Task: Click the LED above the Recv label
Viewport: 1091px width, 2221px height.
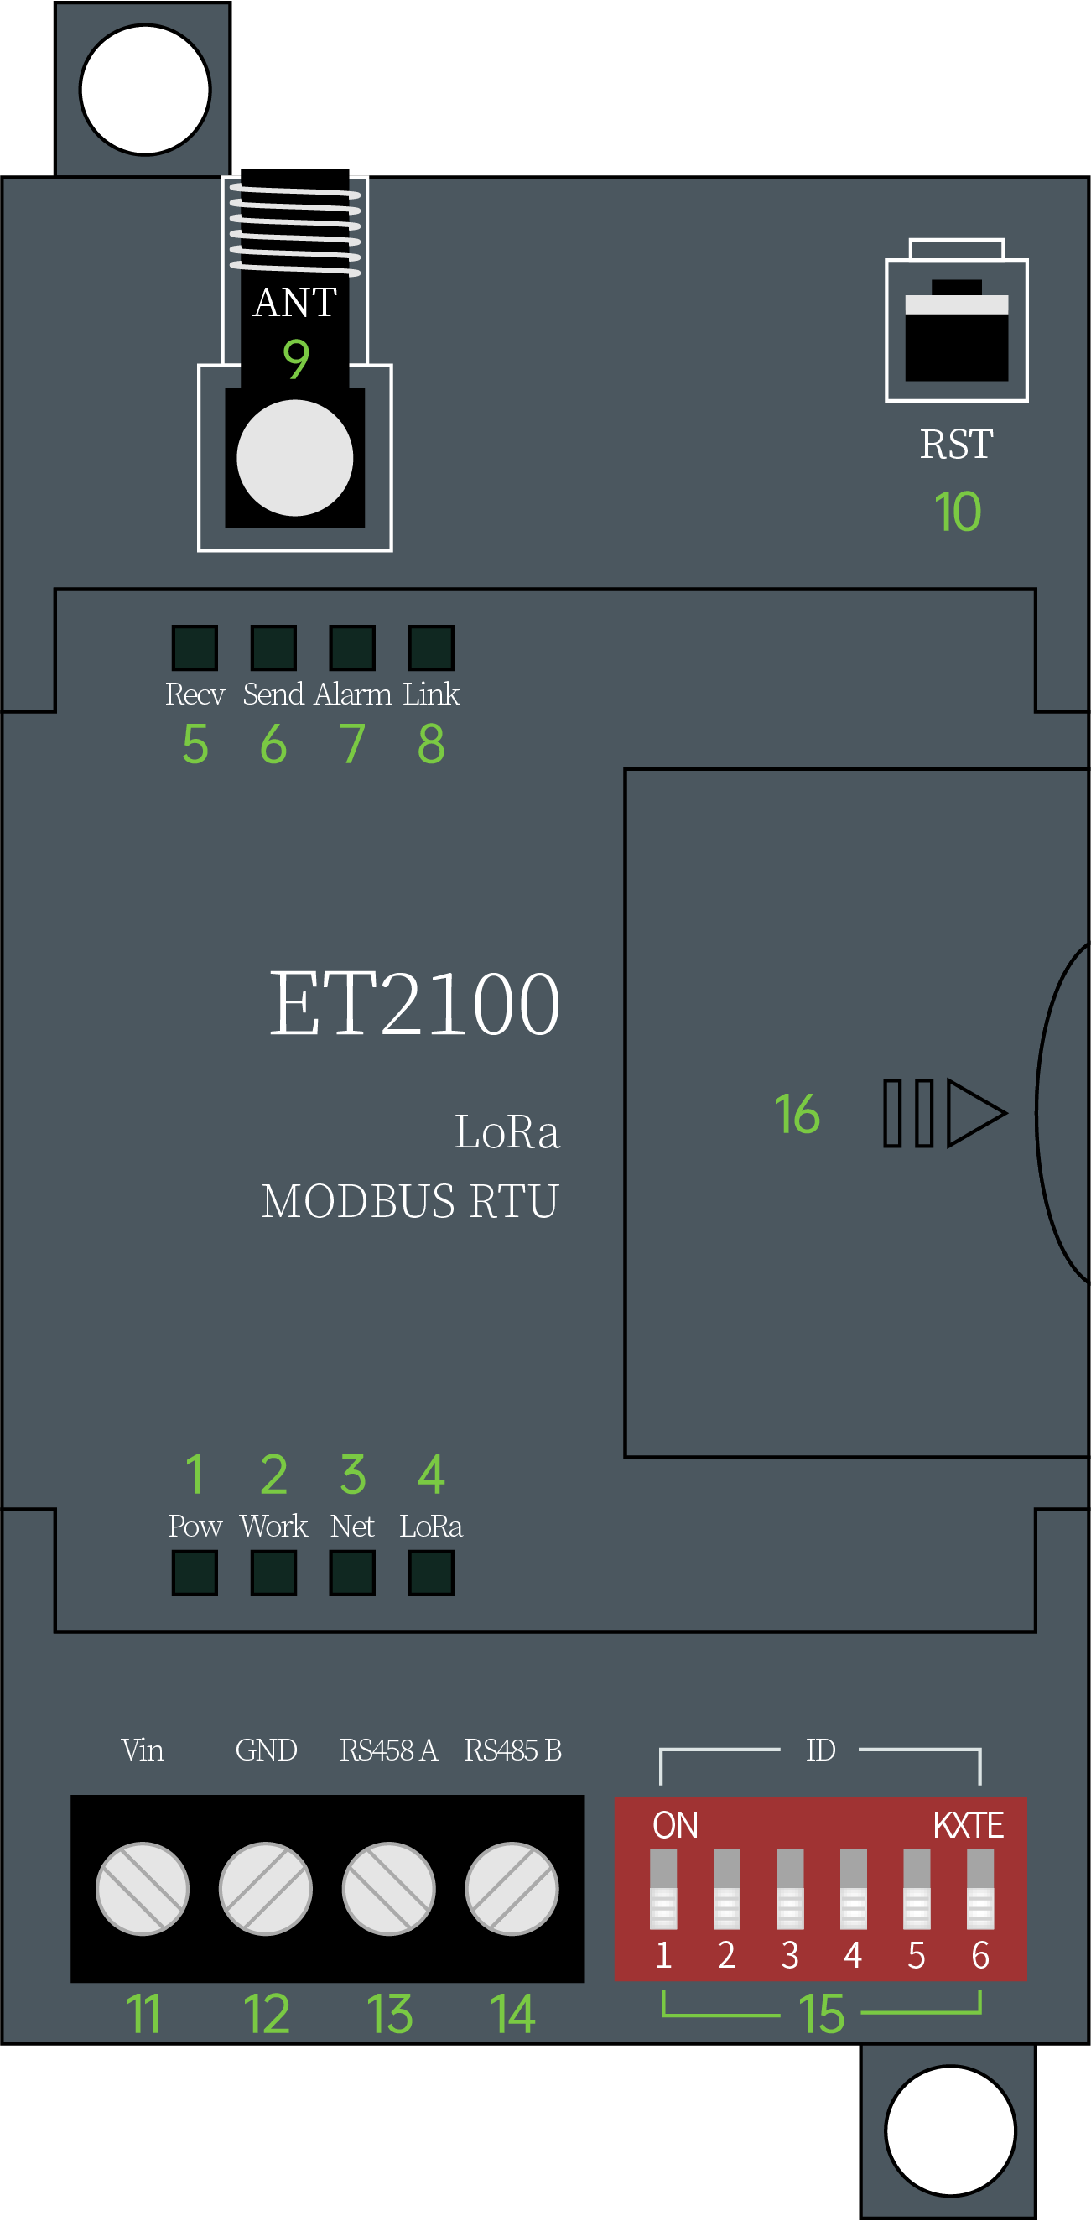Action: pyautogui.click(x=195, y=648)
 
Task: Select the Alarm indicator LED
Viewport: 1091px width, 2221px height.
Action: pyautogui.click(x=352, y=648)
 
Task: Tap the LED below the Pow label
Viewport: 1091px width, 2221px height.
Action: pyautogui.click(x=195, y=1573)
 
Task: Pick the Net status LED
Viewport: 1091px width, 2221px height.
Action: pyautogui.click(x=352, y=1573)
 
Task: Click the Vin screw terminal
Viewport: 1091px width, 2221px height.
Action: pyautogui.click(x=143, y=1888)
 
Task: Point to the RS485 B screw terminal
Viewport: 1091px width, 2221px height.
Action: pyautogui.click(x=512, y=1888)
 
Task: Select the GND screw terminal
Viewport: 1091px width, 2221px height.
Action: pyautogui.click(x=266, y=1888)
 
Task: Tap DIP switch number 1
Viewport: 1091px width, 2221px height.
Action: pyautogui.click(x=663, y=1888)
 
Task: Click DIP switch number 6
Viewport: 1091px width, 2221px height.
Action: pyautogui.click(x=979, y=1888)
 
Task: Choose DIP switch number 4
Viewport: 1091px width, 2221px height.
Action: pyautogui.click(x=853, y=1888)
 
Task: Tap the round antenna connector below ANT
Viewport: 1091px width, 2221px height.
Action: pyautogui.click(x=294, y=458)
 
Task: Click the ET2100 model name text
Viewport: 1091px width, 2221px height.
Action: pyautogui.click(x=414, y=1004)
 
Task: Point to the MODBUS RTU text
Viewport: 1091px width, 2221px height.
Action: pyautogui.click(x=410, y=1201)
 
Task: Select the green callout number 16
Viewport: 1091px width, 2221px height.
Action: pyautogui.click(x=797, y=1113)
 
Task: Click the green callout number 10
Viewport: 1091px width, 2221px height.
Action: pyautogui.click(x=958, y=512)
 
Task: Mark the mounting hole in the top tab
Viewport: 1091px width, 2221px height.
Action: pyautogui.click(x=145, y=90)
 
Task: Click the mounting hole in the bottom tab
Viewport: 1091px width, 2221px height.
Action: pyautogui.click(x=950, y=2130)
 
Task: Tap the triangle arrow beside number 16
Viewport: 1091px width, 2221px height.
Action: pyautogui.click(x=974, y=1113)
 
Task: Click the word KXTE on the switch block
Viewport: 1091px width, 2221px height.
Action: pyautogui.click(x=968, y=1825)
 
